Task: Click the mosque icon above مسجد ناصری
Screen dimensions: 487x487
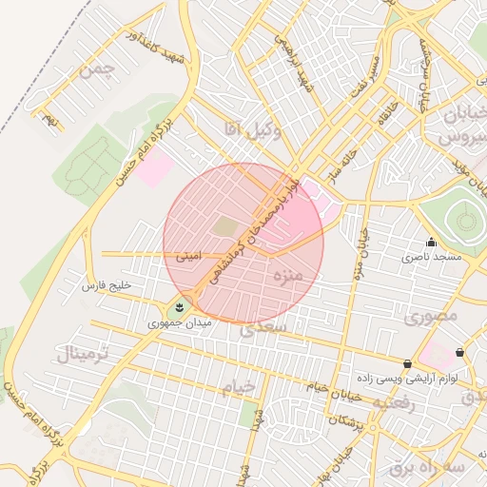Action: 431,242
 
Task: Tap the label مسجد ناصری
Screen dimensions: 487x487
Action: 431,257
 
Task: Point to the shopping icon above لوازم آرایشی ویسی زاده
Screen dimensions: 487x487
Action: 408,363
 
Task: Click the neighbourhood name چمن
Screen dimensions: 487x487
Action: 98,69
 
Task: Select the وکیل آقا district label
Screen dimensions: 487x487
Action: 252,128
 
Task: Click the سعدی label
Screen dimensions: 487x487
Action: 263,328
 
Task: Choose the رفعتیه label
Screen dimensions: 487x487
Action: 393,403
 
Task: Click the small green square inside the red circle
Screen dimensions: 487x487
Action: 224,226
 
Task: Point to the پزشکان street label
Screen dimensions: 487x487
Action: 346,419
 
